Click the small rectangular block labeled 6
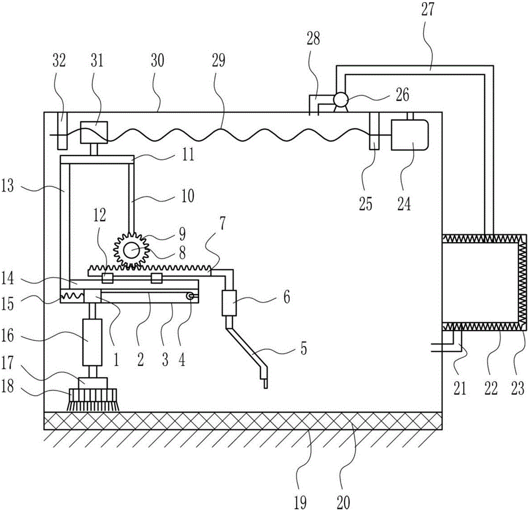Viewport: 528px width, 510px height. click(x=230, y=303)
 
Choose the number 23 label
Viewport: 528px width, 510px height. click(x=518, y=390)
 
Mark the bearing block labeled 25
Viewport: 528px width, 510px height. click(x=374, y=130)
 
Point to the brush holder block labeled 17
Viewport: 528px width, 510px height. click(x=93, y=382)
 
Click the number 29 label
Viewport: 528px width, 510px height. click(x=218, y=61)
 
